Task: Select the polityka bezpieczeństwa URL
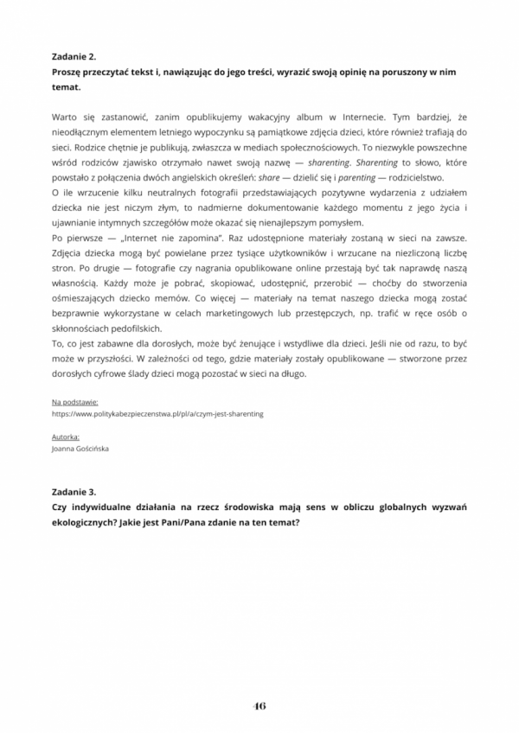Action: click(x=158, y=414)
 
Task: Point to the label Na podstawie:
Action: click(x=75, y=402)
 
